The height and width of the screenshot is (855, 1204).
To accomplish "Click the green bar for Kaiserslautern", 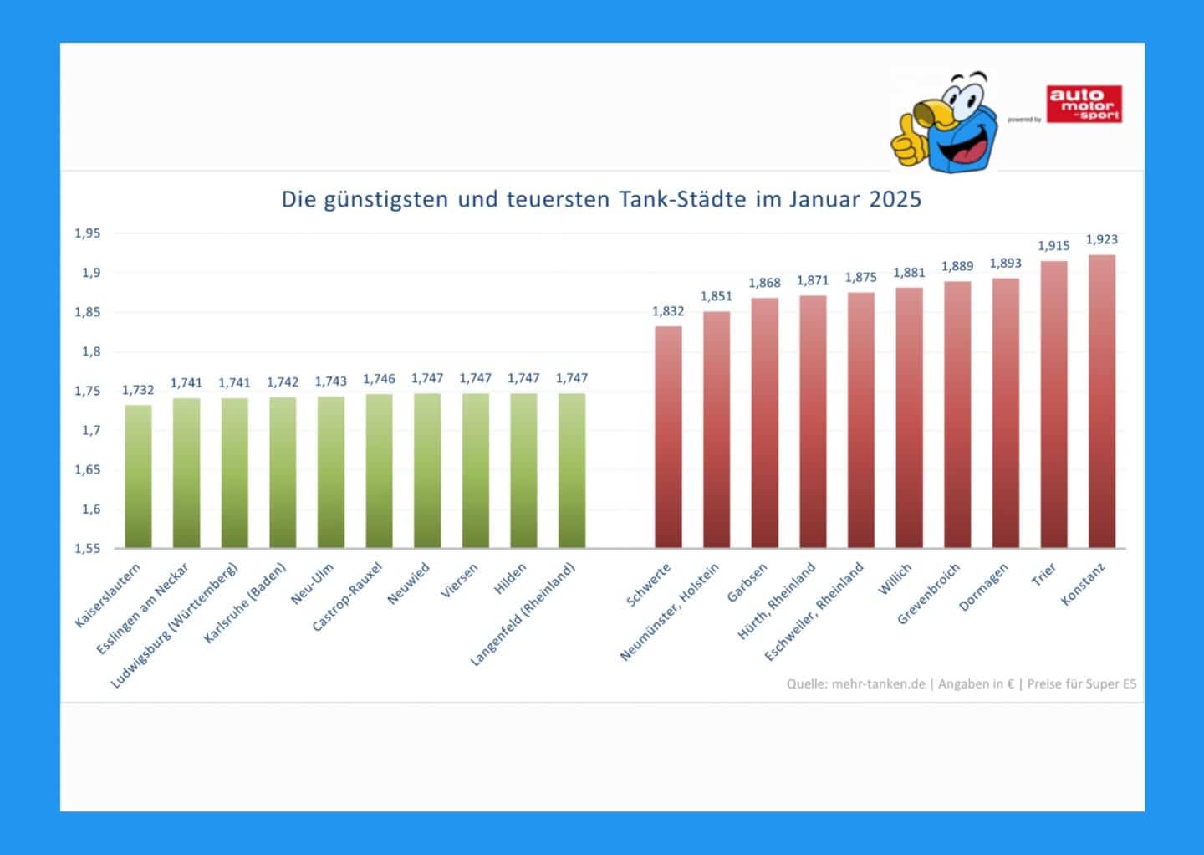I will [x=138, y=477].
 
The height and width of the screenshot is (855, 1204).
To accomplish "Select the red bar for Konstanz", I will [x=1102, y=402].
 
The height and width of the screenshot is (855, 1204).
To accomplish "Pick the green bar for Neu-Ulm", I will [x=331, y=473].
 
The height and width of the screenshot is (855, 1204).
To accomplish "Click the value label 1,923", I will [x=1102, y=239].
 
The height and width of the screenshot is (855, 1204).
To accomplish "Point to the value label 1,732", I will [x=138, y=390].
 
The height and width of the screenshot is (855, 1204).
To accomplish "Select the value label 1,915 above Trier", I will [x=1053, y=246].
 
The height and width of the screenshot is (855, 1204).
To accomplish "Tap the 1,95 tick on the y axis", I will [x=88, y=233].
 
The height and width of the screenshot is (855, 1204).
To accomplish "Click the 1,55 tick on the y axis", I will [x=88, y=549].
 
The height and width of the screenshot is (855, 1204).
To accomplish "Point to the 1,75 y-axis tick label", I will [x=88, y=391].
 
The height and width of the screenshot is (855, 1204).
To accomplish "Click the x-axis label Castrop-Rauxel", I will [x=347, y=596].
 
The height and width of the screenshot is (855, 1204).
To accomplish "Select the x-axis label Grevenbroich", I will [x=928, y=594].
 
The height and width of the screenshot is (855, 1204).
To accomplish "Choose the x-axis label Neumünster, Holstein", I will [x=669, y=613].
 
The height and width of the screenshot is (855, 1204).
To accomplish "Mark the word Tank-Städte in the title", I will [x=684, y=200].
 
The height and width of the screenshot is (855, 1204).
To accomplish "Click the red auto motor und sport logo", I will [x=1084, y=105].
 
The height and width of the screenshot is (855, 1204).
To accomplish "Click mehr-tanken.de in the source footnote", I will [x=878, y=684].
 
